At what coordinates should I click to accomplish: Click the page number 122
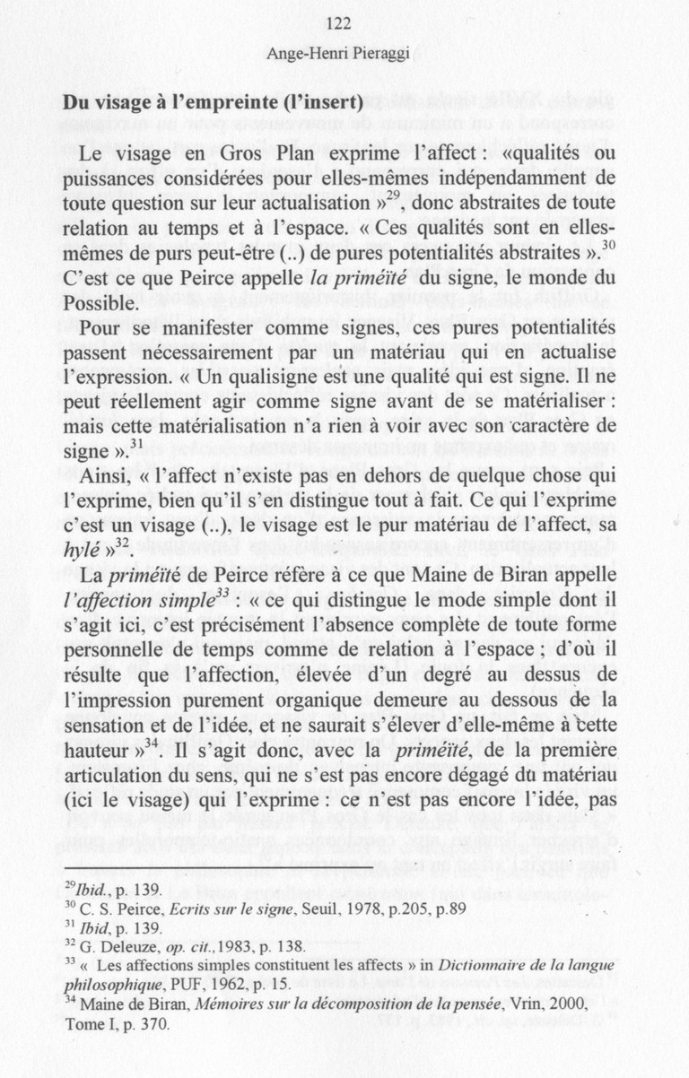(x=339, y=24)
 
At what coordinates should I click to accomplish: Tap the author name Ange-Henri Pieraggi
(x=338, y=53)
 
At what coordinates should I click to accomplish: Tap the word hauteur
(x=94, y=722)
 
